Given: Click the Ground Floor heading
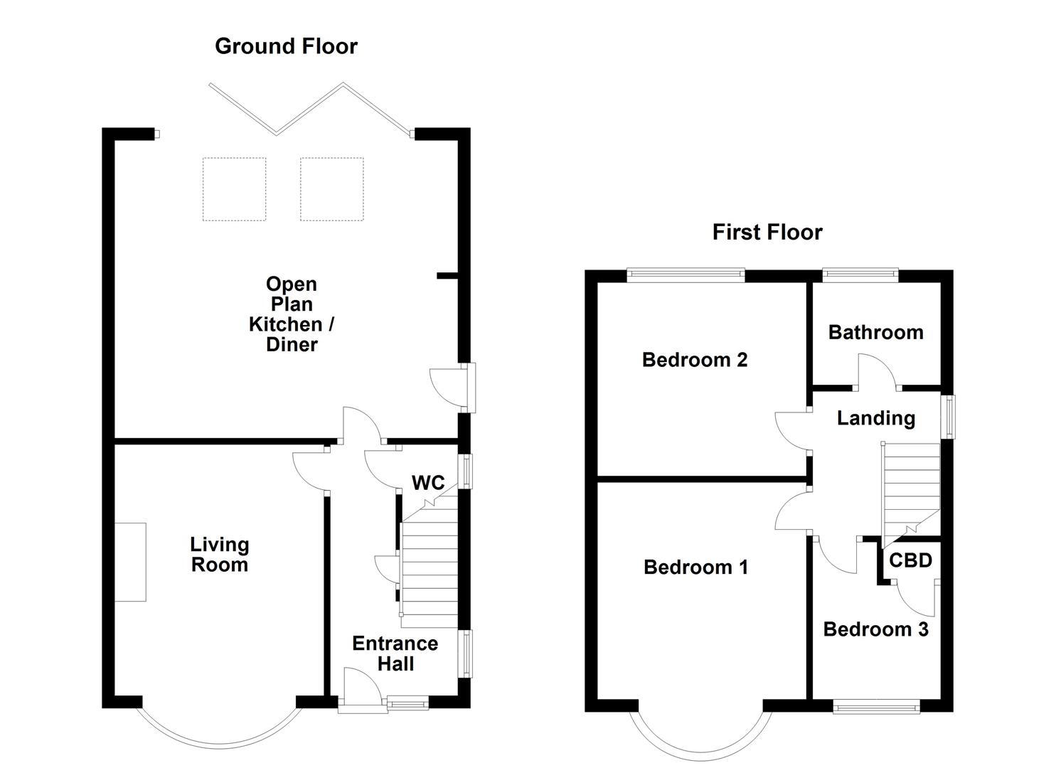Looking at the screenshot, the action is pyautogui.click(x=286, y=46).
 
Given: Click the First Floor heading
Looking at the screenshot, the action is pyautogui.click(x=767, y=233).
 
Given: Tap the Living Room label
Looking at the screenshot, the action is pyautogui.click(x=220, y=555).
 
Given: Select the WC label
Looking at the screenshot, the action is pyautogui.click(x=428, y=482).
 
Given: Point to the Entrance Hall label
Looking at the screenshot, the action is pyautogui.click(x=395, y=654).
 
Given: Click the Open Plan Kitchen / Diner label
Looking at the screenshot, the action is pyautogui.click(x=292, y=314).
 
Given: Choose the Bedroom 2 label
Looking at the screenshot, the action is pyautogui.click(x=695, y=360).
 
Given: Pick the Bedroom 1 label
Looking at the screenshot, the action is pyautogui.click(x=696, y=567).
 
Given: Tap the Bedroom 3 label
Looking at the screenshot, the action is pyautogui.click(x=876, y=629).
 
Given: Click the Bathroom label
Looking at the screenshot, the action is pyautogui.click(x=876, y=332).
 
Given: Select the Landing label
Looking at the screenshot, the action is pyautogui.click(x=876, y=418).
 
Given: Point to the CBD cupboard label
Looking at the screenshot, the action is pyautogui.click(x=911, y=560).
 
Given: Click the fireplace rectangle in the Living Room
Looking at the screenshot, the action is pyautogui.click(x=131, y=562).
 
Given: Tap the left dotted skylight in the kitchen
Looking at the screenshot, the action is pyautogui.click(x=234, y=189).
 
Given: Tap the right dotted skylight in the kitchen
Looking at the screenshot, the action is pyautogui.click(x=332, y=189).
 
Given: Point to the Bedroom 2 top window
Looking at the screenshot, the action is pyautogui.click(x=686, y=275).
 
